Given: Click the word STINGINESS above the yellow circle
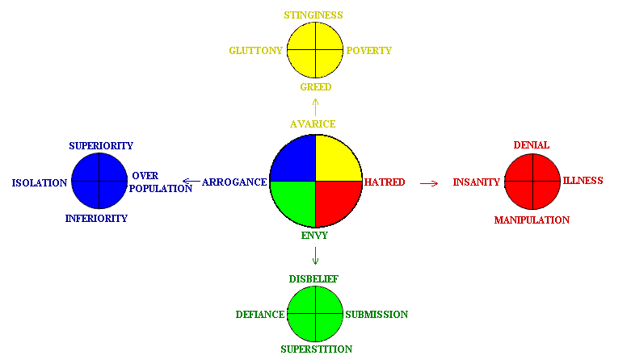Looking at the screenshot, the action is point(313,15).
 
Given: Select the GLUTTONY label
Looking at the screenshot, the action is point(255,51).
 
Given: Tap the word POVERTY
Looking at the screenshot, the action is point(369,51).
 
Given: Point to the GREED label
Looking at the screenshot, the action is point(315,87).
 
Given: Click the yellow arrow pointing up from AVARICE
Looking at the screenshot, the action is point(315,107).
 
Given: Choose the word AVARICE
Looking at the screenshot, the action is point(313,123).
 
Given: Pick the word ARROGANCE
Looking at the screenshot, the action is point(234,182).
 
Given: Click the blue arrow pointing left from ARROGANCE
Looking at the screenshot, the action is point(191,182).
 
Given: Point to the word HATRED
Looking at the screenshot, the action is point(385,182).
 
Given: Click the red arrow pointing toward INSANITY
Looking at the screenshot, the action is point(429,183).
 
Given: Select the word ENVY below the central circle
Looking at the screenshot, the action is point(314,236).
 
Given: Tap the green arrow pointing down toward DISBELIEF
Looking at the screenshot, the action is point(315,256).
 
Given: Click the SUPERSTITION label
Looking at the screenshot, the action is point(316,349).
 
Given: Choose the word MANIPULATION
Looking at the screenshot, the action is point(532,220).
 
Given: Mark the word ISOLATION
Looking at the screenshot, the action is point(40,183).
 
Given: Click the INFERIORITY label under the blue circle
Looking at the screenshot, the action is point(96,219).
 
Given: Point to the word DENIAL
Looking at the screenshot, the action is point(531,145).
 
